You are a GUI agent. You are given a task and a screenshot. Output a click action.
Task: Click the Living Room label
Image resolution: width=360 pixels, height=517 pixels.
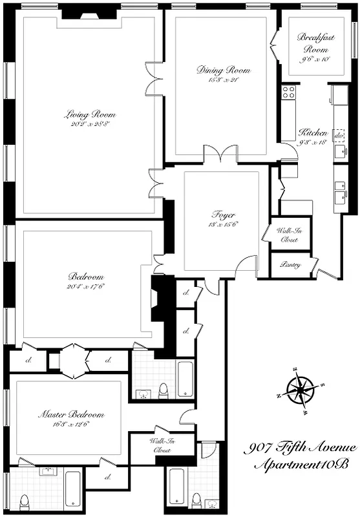point(90,114)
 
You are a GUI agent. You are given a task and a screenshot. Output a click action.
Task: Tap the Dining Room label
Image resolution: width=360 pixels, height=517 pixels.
point(224,70)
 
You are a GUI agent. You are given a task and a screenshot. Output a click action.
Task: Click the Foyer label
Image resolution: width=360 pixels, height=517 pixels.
point(222,215)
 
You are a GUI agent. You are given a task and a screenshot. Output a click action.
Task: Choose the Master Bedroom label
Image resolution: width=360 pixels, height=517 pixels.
point(70,414)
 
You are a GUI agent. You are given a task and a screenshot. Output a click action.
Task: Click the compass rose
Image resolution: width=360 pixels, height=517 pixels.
point(299,390)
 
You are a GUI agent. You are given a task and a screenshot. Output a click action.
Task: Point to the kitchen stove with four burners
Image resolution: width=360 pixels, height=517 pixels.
point(288,92)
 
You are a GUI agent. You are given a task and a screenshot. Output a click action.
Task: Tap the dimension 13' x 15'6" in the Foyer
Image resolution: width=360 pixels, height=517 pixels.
point(222,224)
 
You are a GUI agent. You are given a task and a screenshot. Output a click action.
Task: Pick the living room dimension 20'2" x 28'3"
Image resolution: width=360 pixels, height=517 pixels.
point(90,123)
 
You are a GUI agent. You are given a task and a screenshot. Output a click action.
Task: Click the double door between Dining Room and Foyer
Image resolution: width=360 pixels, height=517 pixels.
point(221,156)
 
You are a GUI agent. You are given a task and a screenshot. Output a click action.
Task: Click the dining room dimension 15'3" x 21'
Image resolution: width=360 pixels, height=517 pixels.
point(224,79)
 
